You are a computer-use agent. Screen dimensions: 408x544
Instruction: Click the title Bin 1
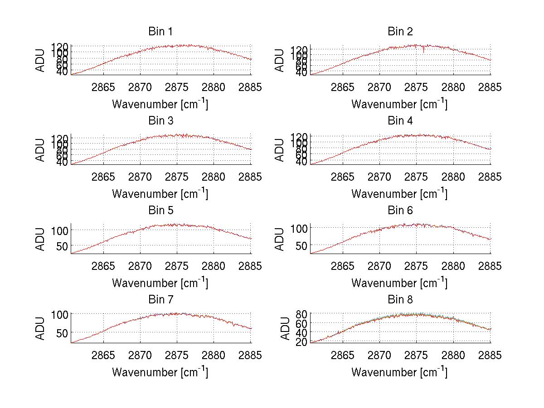pyautogui.click(x=160, y=31)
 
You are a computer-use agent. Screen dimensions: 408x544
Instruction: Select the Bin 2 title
pyautogui.click(x=400, y=31)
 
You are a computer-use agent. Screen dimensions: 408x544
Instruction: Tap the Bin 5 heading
pyautogui.click(x=160, y=210)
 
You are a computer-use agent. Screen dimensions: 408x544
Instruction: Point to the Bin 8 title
pyautogui.click(x=400, y=299)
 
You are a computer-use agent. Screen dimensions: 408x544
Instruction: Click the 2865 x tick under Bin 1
pyautogui.click(x=103, y=87)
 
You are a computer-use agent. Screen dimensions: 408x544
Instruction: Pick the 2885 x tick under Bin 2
pyautogui.click(x=490, y=87)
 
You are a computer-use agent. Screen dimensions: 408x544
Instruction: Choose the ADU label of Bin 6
pyautogui.click(x=280, y=239)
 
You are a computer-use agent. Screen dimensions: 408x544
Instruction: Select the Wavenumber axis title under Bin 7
pyautogui.click(x=160, y=372)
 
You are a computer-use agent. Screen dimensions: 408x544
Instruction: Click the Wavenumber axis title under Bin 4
pyautogui.click(x=399, y=193)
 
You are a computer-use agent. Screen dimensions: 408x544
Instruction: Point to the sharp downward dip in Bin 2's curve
pyautogui.click(x=423, y=52)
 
